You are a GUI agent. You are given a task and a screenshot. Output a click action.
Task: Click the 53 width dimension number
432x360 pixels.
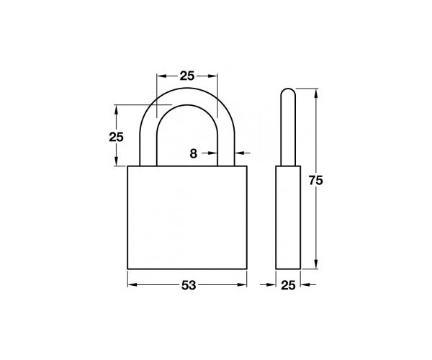point(189,285)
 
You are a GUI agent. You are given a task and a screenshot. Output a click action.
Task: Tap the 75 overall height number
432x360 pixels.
point(315,181)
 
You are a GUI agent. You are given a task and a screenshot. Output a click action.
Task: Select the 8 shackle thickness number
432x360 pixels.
point(194,153)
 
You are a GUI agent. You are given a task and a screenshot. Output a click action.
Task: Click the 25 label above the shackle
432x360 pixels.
point(187,76)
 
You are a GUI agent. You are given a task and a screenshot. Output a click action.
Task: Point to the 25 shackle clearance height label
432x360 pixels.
point(116,137)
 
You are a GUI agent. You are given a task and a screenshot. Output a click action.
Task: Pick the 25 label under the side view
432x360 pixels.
point(288,285)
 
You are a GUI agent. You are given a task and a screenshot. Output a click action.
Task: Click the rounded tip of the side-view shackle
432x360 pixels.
point(288,89)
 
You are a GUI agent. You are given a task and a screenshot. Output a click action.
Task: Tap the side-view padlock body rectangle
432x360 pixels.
point(288,217)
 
